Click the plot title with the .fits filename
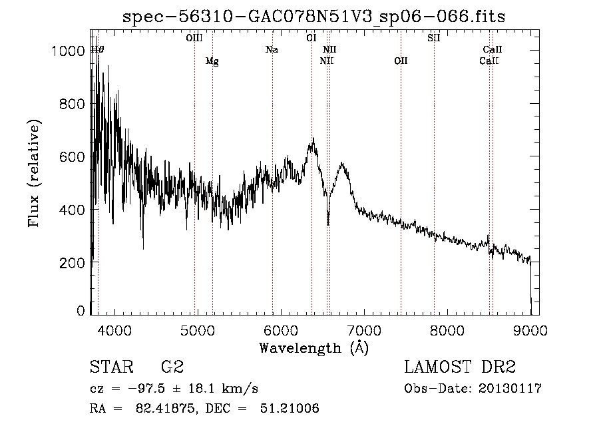[x=313, y=17]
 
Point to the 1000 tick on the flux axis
[x=68, y=51]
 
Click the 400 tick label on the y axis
[x=72, y=210]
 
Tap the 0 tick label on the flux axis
[x=81, y=311]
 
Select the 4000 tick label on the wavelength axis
[x=114, y=330]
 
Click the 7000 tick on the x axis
[x=364, y=330]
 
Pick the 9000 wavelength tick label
[x=530, y=330]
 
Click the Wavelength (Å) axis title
[x=313, y=348]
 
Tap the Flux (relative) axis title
[x=34, y=174]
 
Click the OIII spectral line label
[x=194, y=38]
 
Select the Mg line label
[x=212, y=61]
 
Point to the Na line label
[x=272, y=50]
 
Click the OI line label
[x=311, y=38]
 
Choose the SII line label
[x=433, y=38]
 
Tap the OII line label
[x=401, y=61]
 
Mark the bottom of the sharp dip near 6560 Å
[x=327, y=224]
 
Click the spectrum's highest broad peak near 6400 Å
[x=313, y=138]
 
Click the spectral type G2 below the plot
[x=172, y=367]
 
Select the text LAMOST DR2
[x=460, y=367]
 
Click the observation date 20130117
[x=510, y=389]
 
